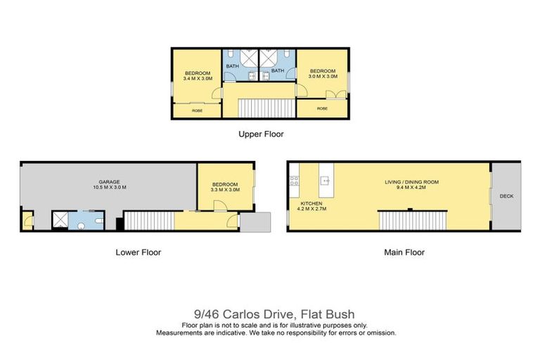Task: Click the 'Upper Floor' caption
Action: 260,134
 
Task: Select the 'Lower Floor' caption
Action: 138,252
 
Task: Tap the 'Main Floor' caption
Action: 404,252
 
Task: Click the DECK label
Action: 506,197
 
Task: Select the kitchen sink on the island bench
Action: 325,181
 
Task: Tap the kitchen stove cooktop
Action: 295,180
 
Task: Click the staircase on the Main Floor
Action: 413,220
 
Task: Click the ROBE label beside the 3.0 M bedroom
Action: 322,109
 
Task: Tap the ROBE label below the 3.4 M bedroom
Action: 198,110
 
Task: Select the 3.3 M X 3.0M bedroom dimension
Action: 226,190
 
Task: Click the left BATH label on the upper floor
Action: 232,67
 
